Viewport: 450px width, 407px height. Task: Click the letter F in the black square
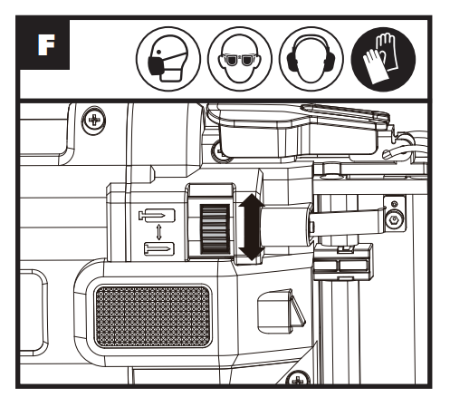click(x=46, y=44)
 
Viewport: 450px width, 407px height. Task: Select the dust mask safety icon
click(x=168, y=59)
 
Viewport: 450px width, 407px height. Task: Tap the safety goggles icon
click(x=240, y=59)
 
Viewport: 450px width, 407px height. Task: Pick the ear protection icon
click(x=311, y=59)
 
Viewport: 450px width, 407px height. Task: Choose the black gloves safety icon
click(x=383, y=59)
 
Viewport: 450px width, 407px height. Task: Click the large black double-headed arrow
click(x=251, y=228)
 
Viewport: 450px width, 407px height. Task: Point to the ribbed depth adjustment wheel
click(x=215, y=228)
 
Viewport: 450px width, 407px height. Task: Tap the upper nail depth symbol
click(x=157, y=216)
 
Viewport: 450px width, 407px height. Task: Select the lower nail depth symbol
click(x=159, y=249)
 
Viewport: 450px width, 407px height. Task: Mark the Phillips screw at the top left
click(x=94, y=121)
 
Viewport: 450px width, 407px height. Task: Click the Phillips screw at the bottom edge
click(x=298, y=378)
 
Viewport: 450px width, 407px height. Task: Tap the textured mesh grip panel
click(x=153, y=316)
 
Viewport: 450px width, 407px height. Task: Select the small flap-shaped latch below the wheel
click(x=281, y=312)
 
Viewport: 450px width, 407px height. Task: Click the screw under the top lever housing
click(x=218, y=150)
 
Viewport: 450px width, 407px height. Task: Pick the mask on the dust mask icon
click(x=157, y=66)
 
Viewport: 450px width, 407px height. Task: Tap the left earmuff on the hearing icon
click(x=292, y=61)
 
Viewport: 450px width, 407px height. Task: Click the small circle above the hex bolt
click(x=394, y=204)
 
